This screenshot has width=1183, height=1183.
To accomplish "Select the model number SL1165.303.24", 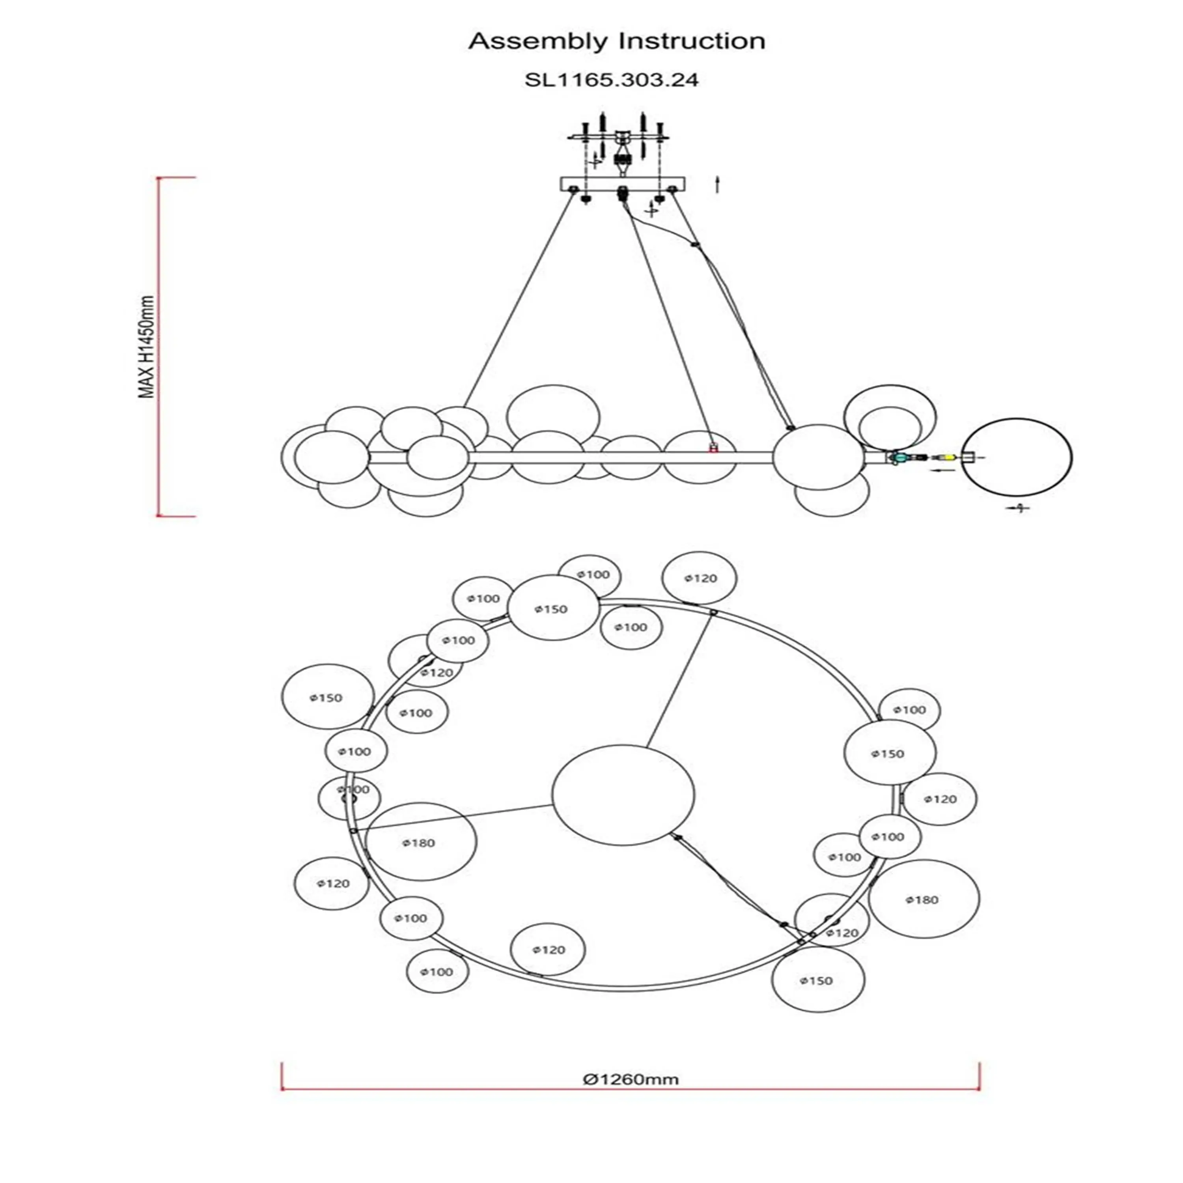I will pos(611,80).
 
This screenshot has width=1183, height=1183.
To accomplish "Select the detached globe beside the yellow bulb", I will pos(1017,457).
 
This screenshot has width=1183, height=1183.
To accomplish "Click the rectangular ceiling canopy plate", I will pos(622,184).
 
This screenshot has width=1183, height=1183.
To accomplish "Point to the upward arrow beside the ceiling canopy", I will pos(717,184).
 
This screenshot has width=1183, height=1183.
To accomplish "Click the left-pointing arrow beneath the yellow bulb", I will pos(942,470).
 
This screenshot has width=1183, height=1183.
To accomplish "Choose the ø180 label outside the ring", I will pos(922,899).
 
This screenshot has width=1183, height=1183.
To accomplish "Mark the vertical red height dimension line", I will pos(158,347).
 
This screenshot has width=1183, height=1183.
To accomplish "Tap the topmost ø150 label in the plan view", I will pos(551,609).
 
